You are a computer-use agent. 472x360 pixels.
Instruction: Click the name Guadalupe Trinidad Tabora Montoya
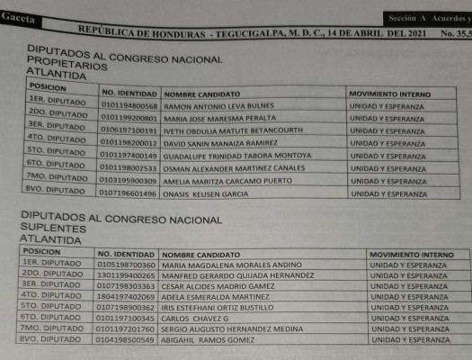225,156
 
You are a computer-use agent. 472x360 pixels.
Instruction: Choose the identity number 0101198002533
129,168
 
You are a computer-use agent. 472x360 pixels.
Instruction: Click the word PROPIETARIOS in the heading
67,66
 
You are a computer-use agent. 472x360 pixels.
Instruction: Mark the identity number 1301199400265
127,277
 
